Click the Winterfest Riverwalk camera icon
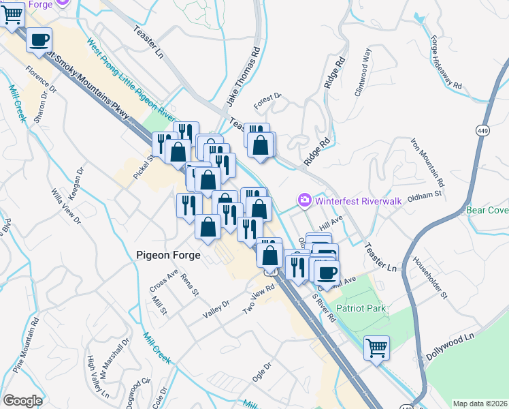(x=304, y=200)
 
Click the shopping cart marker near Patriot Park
(x=376, y=348)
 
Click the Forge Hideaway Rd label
(x=446, y=61)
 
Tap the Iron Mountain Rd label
(x=427, y=163)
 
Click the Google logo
(x=22, y=401)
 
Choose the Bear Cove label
(x=487, y=211)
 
